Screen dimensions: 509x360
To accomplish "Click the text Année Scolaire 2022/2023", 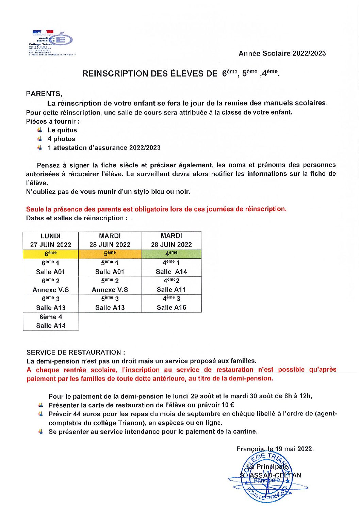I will [x=282, y=53].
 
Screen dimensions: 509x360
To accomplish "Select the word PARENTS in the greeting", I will [x=43, y=94].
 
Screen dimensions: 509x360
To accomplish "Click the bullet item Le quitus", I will [x=62, y=130].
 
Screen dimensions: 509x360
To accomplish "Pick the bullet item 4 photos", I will [x=61, y=139].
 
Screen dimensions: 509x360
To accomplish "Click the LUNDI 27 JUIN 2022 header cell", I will [x=51, y=240].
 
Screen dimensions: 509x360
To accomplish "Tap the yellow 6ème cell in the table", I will [x=51, y=254].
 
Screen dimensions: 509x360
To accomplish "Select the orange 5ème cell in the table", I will [x=110, y=254].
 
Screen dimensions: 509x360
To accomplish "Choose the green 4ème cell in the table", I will [x=171, y=254].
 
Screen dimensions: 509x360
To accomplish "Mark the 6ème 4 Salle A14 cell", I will [x=51, y=321].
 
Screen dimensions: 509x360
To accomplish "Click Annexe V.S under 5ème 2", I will [x=110, y=290].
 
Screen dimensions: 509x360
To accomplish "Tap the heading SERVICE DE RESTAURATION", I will [x=76, y=353].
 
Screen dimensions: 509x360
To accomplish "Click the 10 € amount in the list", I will [x=228, y=405].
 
